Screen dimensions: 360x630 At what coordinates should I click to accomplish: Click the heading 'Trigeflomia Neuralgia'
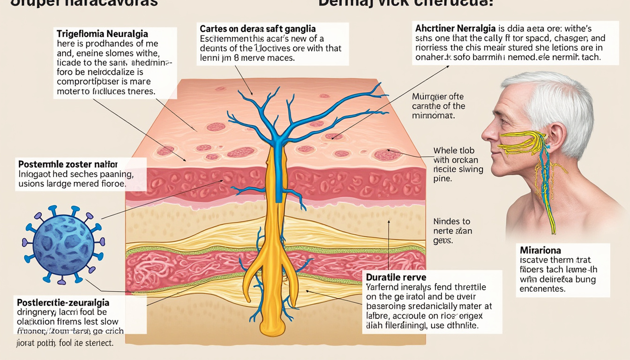coord(102,34)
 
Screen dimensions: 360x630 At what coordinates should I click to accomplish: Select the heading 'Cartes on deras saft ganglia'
coord(257,29)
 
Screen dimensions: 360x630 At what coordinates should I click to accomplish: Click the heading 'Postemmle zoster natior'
coord(67,165)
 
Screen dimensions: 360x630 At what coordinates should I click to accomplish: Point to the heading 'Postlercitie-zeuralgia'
coord(63,302)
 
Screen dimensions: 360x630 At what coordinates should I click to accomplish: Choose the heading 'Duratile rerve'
coord(396,277)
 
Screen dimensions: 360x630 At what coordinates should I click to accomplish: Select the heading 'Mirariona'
coord(540,250)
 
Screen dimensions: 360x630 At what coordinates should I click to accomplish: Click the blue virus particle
coord(63,245)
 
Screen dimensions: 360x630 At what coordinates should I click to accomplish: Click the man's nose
coord(487,131)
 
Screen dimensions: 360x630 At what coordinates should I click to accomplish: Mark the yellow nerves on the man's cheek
coord(520,142)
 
